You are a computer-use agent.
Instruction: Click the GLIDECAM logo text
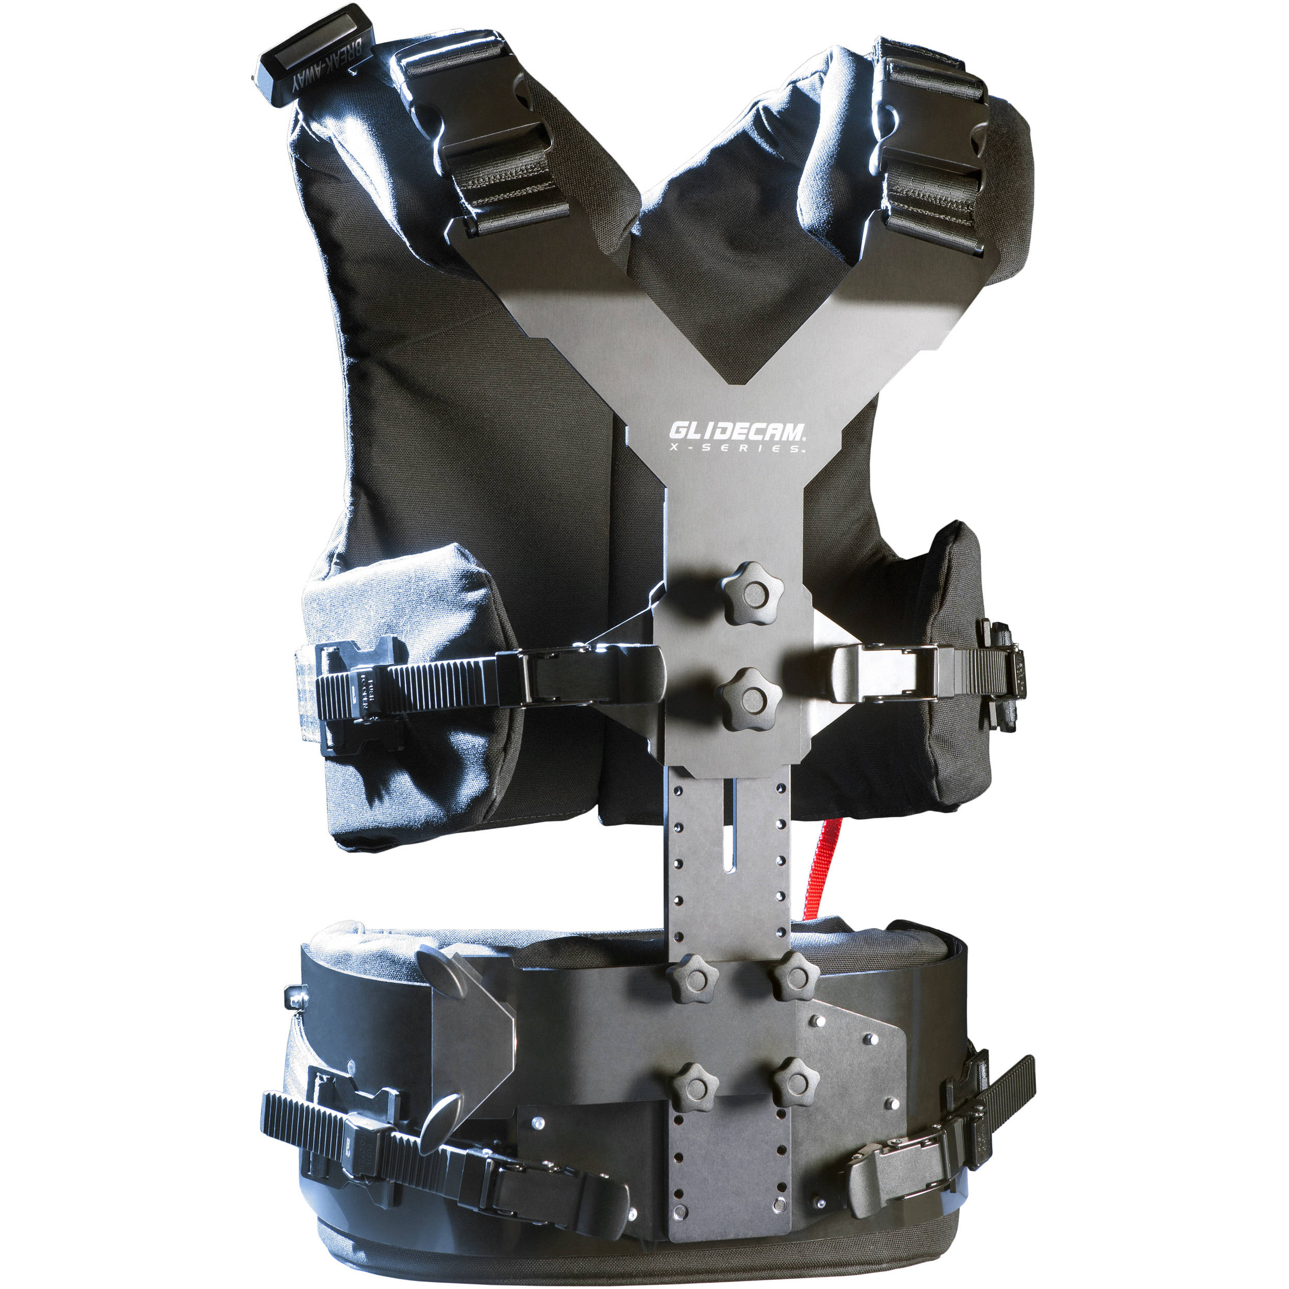(738, 431)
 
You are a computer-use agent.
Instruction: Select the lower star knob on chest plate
(749, 699)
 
